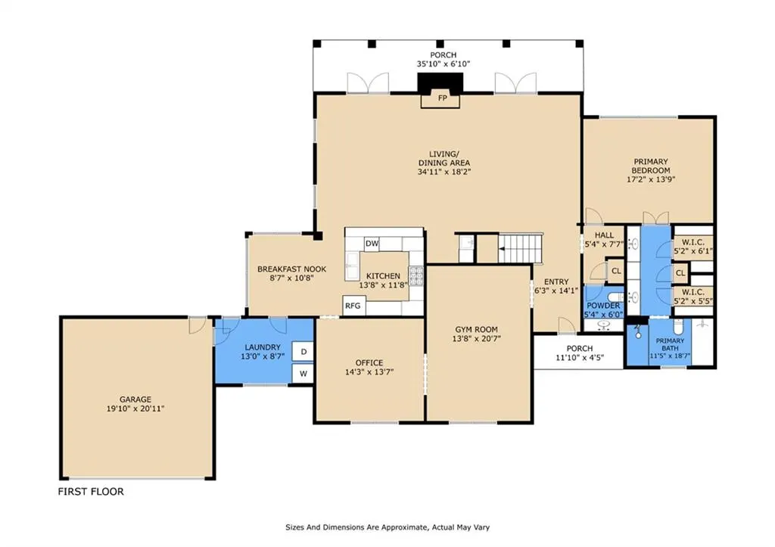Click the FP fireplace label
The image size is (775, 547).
(x=442, y=98)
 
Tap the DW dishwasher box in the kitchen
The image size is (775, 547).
(x=372, y=243)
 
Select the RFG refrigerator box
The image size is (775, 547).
(x=353, y=306)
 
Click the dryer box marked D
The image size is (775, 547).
(x=303, y=351)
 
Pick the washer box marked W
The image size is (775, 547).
(x=303, y=373)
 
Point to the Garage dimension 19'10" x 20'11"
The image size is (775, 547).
(x=135, y=409)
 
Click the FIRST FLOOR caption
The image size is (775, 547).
(x=91, y=492)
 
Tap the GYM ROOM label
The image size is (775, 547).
(x=477, y=330)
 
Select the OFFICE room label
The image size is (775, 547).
(x=369, y=362)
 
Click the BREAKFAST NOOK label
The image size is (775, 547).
(x=291, y=269)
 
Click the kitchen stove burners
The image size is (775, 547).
(x=416, y=276)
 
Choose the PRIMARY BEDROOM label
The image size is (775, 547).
(x=651, y=166)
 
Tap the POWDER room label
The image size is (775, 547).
(x=603, y=306)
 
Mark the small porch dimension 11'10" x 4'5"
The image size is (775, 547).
(x=580, y=358)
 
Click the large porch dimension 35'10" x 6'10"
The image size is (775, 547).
(x=444, y=64)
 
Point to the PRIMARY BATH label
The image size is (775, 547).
(x=671, y=344)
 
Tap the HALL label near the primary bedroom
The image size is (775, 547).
(x=604, y=235)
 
